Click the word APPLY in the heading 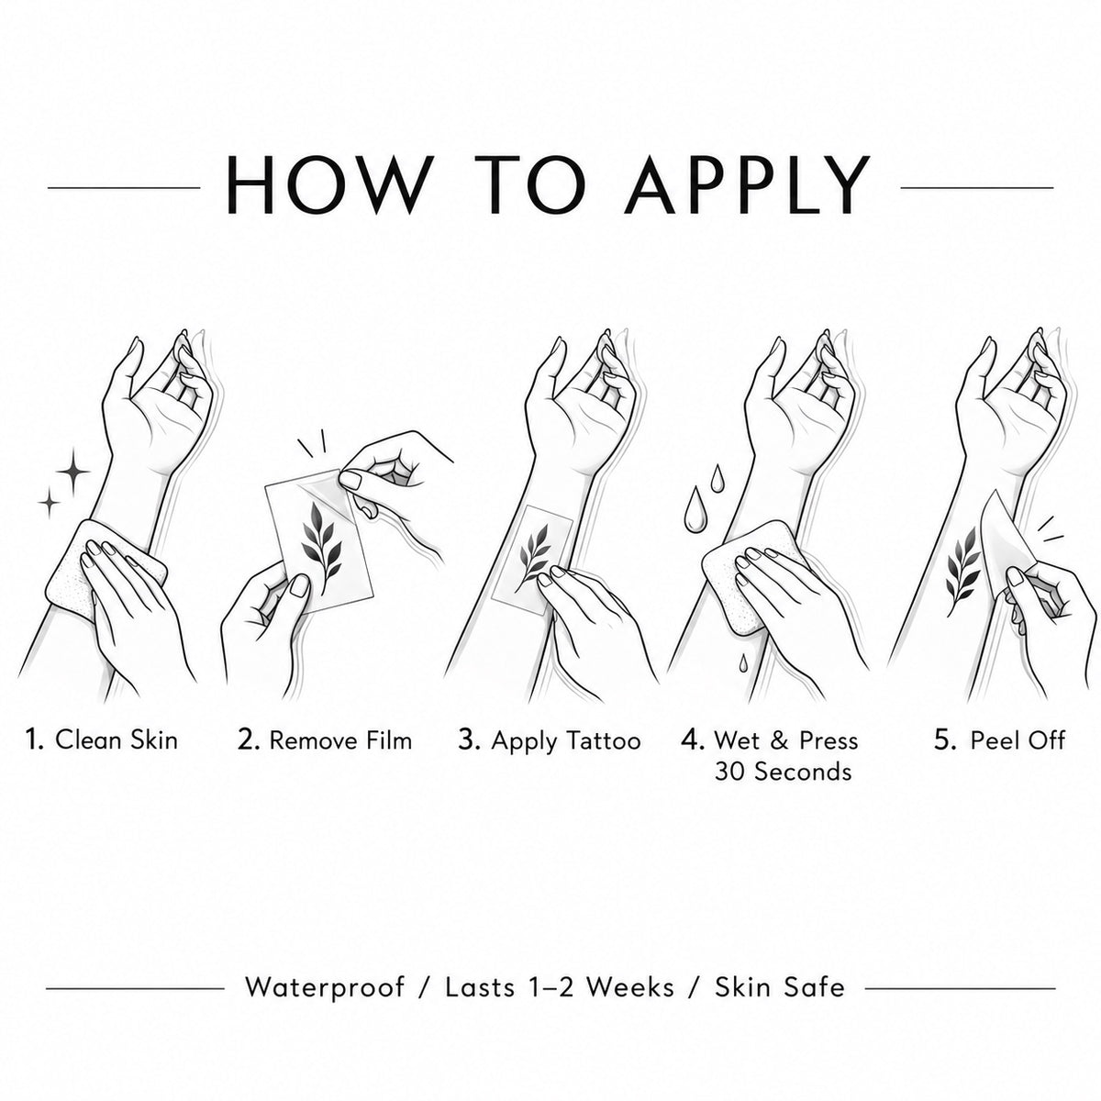tap(747, 184)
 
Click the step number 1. tap(34, 740)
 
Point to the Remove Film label tap(340, 740)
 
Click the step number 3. tap(469, 740)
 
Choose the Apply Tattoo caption tap(566, 741)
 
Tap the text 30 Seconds tap(783, 773)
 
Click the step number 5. tap(945, 740)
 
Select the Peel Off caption tap(1018, 740)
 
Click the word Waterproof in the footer tap(325, 986)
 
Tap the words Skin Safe tap(779, 986)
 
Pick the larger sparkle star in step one tap(73, 472)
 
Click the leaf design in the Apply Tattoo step tap(535, 551)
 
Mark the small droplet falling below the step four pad tap(742, 662)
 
